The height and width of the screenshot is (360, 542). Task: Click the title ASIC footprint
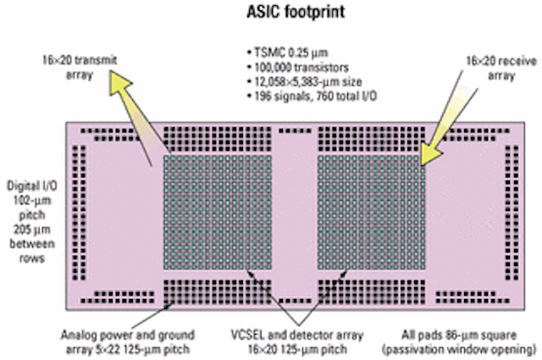tap(296, 12)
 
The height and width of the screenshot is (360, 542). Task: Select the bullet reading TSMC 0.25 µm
tap(288, 53)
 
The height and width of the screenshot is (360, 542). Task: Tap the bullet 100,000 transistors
tap(298, 67)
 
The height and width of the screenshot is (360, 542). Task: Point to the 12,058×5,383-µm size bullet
tap(305, 81)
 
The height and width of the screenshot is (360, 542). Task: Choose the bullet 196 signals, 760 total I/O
tap(312, 96)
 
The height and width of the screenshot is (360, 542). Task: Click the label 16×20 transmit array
tap(80, 68)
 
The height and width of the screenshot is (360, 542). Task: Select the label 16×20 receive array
tap(501, 68)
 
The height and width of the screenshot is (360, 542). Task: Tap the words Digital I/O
tap(32, 186)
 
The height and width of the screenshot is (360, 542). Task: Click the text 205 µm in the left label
tap(32, 230)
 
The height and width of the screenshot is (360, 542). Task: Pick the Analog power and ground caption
tap(128, 335)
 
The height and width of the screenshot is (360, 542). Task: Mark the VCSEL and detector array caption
tap(297, 335)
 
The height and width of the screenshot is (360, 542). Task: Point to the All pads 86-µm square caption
tap(459, 335)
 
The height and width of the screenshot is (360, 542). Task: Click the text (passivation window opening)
tap(459, 349)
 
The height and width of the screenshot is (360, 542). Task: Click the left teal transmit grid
tap(218, 212)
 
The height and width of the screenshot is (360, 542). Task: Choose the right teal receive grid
tap(372, 212)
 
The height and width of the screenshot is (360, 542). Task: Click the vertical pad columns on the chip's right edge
tap(512, 213)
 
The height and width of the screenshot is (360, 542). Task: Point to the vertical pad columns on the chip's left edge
tap(79, 213)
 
